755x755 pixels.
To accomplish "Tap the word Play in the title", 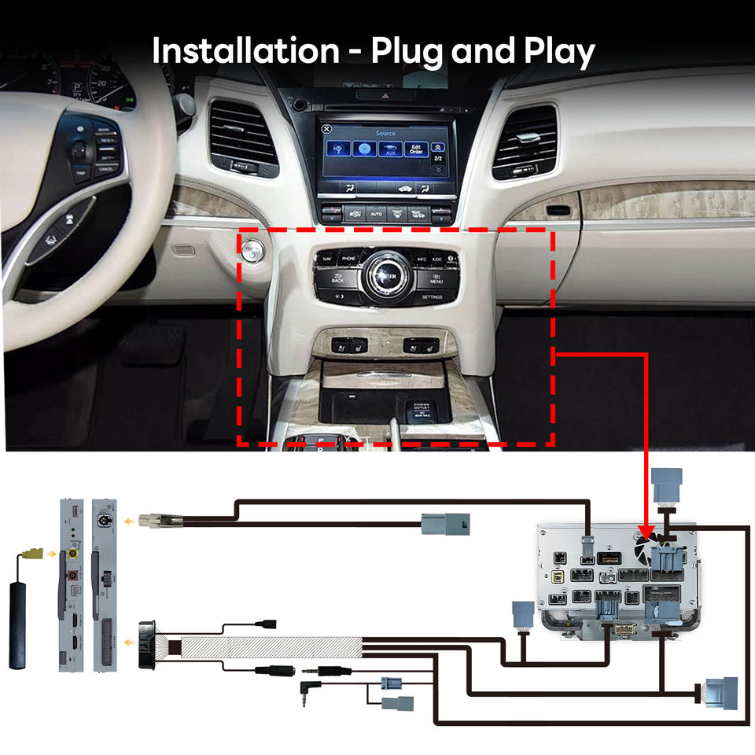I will point(559,53).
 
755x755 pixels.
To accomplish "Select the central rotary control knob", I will point(385,276).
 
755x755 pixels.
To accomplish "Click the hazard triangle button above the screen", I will point(385,95).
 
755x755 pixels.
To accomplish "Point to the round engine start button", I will point(252,251).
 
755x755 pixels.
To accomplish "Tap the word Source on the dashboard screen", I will point(385,134).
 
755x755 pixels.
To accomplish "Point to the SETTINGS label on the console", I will point(432,298).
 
